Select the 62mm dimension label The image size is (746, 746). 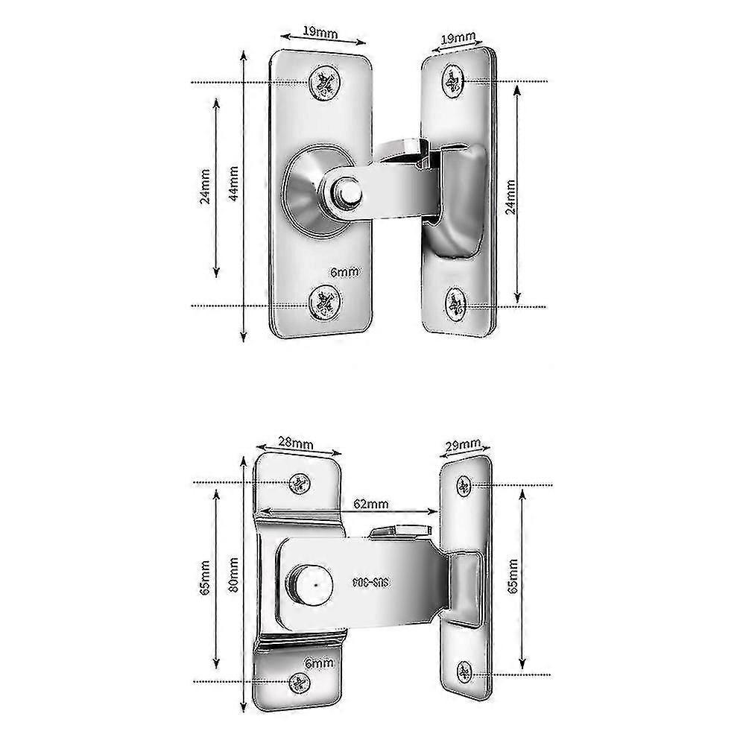tap(370, 504)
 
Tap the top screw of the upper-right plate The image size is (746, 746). tap(452, 79)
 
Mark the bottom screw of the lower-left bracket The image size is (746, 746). tap(300, 680)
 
